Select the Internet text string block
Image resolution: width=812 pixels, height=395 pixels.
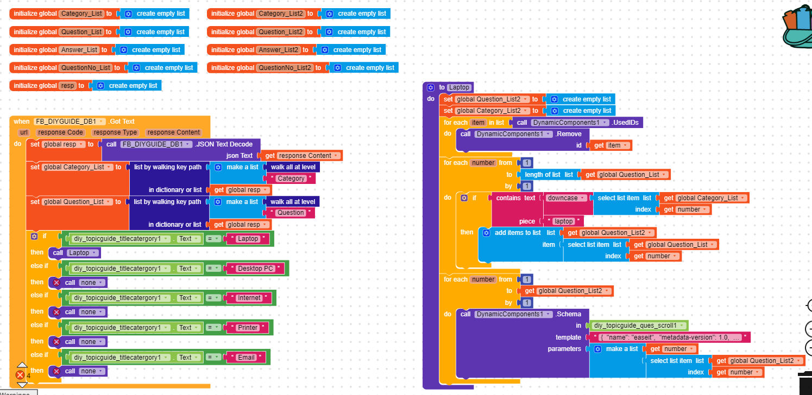pos(249,298)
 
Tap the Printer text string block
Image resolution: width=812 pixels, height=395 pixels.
pos(248,328)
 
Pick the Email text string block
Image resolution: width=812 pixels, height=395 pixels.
pos(246,358)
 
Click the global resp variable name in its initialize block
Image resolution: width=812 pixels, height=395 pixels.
pos(67,86)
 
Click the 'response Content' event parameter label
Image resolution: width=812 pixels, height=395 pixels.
pos(174,132)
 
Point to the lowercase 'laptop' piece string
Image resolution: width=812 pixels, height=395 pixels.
pos(563,221)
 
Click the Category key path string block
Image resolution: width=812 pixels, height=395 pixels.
pos(291,179)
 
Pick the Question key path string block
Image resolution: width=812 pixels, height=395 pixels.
pos(291,213)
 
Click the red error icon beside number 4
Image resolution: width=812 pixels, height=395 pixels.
pos(20,375)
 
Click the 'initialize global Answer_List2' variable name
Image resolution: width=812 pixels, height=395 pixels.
pos(279,50)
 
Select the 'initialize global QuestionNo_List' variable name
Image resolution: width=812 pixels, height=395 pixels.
pos(85,68)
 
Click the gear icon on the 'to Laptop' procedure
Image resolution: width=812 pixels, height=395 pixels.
pos(431,87)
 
